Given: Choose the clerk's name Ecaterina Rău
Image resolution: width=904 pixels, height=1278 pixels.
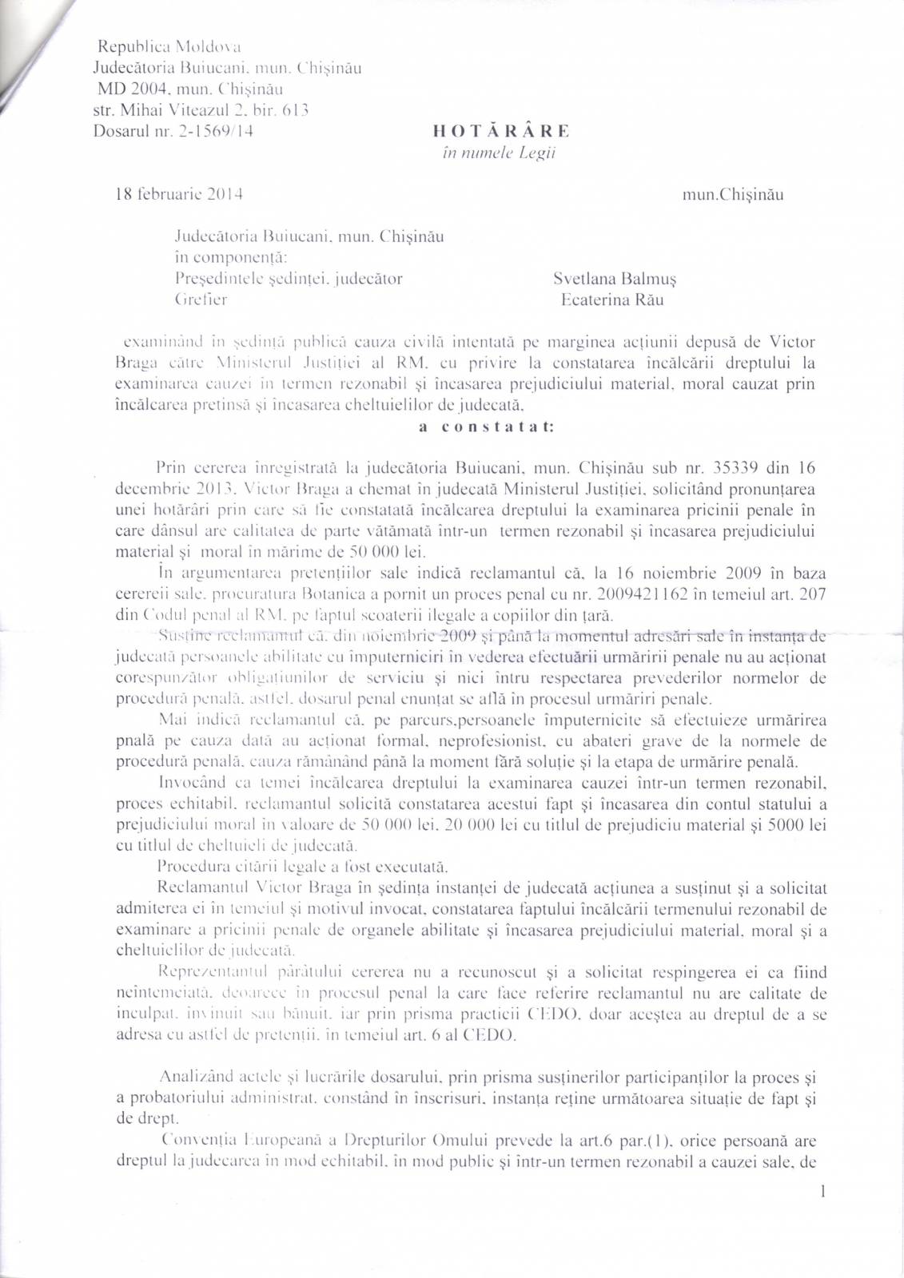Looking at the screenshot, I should [x=611, y=300].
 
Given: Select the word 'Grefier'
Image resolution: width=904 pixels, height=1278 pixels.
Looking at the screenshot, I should [x=201, y=300].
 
